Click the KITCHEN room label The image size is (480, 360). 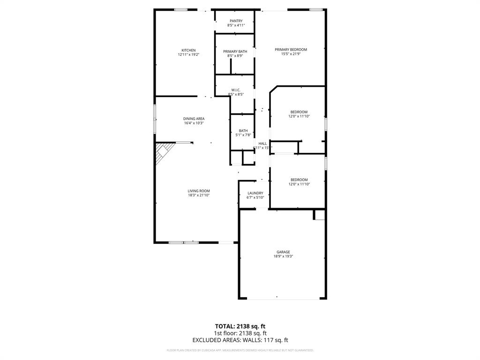[188, 50]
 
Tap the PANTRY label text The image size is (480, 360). [236, 21]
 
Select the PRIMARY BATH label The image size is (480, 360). [235, 51]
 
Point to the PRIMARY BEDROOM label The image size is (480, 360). [291, 49]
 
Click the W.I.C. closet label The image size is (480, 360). [236, 90]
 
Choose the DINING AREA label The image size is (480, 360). [194, 119]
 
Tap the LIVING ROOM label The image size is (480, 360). [198, 191]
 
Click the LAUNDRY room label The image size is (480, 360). [255, 193]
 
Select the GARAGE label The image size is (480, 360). [283, 252]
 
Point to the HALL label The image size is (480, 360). [262, 143]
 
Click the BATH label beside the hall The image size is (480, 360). [243, 131]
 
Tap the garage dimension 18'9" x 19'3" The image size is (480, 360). [283, 256]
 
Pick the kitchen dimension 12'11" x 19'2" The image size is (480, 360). [188, 55]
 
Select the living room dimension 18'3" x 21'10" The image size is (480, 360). [198, 195]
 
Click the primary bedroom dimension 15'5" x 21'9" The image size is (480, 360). [291, 54]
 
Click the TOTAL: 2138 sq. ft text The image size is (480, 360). [240, 326]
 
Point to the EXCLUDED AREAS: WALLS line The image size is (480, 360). [240, 340]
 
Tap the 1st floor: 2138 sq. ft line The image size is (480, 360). [240, 333]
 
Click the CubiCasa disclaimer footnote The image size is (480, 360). [240, 350]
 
